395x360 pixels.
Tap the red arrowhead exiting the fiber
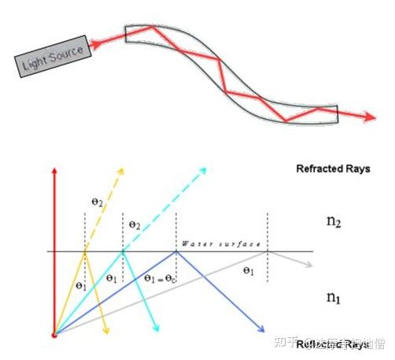point(369,117)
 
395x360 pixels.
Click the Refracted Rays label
point(333,169)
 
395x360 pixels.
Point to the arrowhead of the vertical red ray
point(54,171)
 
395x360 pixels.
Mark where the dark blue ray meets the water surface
point(175,251)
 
